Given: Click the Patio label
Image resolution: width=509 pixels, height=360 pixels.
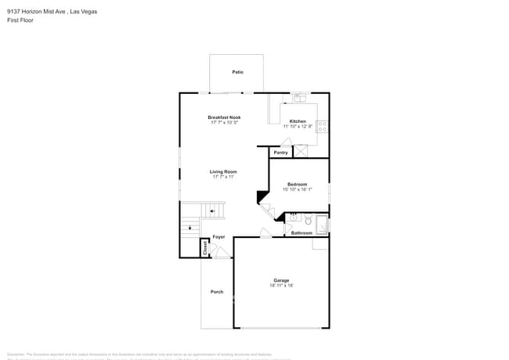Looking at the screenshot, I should click(x=237, y=72).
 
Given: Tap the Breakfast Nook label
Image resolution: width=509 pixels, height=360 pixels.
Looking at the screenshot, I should click(x=225, y=117).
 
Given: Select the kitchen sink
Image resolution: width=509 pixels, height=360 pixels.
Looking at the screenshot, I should click(x=299, y=99).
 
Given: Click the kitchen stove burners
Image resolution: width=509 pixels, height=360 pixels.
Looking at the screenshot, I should click(x=322, y=124).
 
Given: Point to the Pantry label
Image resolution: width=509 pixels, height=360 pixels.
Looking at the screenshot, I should click(x=280, y=153).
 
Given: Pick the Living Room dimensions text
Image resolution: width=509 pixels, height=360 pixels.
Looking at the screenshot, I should click(x=224, y=177).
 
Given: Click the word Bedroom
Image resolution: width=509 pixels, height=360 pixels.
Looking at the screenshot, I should click(x=297, y=184).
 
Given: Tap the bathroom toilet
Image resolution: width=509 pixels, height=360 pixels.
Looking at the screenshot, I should click(x=309, y=221).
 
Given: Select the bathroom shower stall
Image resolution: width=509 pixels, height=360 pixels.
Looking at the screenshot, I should click(x=321, y=225).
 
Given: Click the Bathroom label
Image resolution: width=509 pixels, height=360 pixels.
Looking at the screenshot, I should click(x=302, y=232).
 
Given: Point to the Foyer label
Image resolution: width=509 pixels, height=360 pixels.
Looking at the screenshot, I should click(x=219, y=236).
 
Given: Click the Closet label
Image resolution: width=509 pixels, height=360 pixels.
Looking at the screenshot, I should click(x=206, y=248).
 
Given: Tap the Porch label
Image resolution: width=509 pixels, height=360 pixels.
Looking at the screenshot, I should click(x=217, y=292).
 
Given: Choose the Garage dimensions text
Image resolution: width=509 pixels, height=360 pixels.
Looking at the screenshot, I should click(x=282, y=286).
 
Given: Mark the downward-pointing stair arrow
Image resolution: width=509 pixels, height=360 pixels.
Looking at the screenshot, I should click(x=188, y=229).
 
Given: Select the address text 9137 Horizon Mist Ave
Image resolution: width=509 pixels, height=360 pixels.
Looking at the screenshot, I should click(x=35, y=12).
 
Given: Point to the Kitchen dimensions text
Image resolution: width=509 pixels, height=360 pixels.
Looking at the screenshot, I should click(x=298, y=127).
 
